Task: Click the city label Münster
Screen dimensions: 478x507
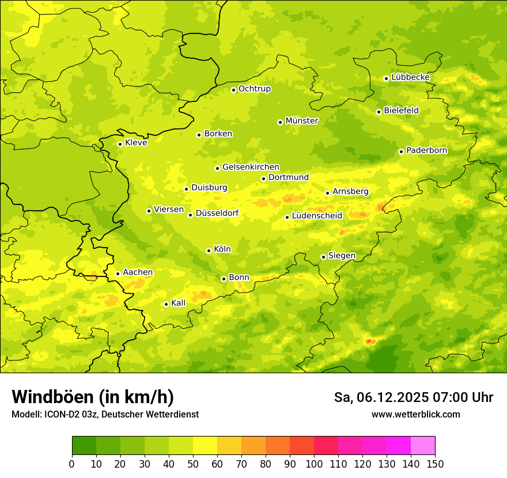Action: point(302,121)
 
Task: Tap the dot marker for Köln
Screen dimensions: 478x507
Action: point(209,251)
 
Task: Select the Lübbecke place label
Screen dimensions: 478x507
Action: point(410,77)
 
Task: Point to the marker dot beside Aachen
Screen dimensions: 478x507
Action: point(118,274)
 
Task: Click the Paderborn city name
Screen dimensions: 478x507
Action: point(426,150)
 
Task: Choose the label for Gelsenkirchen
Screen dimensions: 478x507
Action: point(251,167)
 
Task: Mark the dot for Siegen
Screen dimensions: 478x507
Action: point(323,257)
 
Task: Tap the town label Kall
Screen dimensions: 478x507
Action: point(179,303)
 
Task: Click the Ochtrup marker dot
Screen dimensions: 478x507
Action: point(233,90)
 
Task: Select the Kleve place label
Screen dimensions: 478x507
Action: point(136,143)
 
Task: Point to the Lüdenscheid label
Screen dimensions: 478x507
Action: point(317,216)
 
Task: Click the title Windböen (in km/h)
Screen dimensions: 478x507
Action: point(93,397)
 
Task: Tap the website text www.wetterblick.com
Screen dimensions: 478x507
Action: point(415,415)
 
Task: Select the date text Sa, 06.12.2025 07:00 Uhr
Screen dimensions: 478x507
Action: point(413,397)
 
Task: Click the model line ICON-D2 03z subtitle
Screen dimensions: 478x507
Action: point(105,415)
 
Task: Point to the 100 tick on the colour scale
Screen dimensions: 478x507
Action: point(314,464)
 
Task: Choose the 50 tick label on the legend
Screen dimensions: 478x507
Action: point(193,464)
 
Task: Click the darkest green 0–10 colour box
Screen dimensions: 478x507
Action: point(84,446)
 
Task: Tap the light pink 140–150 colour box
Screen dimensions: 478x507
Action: point(423,446)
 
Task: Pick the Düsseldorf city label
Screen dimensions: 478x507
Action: point(217,213)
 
